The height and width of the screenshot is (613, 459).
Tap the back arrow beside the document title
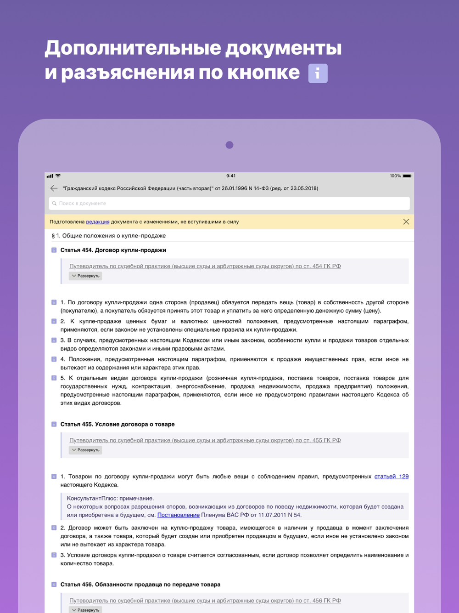(54, 188)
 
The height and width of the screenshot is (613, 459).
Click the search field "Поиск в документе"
(229, 203)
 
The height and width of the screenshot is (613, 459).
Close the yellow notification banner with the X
(406, 221)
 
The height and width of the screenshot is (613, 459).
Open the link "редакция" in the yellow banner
(98, 222)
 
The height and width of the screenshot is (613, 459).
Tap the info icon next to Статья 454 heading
(54, 250)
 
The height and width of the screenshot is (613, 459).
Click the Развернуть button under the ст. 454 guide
(85, 276)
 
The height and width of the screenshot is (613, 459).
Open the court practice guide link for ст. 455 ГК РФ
(205, 440)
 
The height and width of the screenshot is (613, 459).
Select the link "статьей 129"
(391, 477)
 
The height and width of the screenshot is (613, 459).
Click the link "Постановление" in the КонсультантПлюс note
(178, 515)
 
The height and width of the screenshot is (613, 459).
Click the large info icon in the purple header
(318, 74)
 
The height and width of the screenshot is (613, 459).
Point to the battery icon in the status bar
(407, 176)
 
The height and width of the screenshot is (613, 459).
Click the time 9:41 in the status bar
(231, 176)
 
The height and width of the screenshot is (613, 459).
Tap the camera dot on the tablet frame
(229, 145)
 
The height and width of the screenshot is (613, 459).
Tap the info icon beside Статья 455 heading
(54, 425)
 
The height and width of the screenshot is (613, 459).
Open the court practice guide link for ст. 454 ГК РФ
(205, 266)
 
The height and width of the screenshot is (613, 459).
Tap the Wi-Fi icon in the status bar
(58, 176)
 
